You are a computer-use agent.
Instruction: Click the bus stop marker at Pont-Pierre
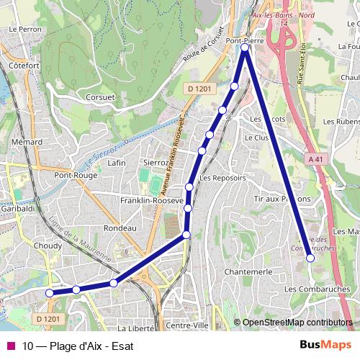tap(245, 48)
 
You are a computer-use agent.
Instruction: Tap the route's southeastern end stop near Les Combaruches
tap(310, 257)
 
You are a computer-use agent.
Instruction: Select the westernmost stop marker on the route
tap(49, 293)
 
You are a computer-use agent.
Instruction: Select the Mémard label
tap(27, 142)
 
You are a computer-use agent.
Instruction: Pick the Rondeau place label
tap(120, 228)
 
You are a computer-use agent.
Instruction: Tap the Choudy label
tap(48, 245)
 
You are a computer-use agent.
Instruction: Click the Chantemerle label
tap(248, 271)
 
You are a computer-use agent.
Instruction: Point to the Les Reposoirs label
tap(222, 177)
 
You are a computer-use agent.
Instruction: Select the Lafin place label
tap(116, 163)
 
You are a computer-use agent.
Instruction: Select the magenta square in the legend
tap(11, 345)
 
